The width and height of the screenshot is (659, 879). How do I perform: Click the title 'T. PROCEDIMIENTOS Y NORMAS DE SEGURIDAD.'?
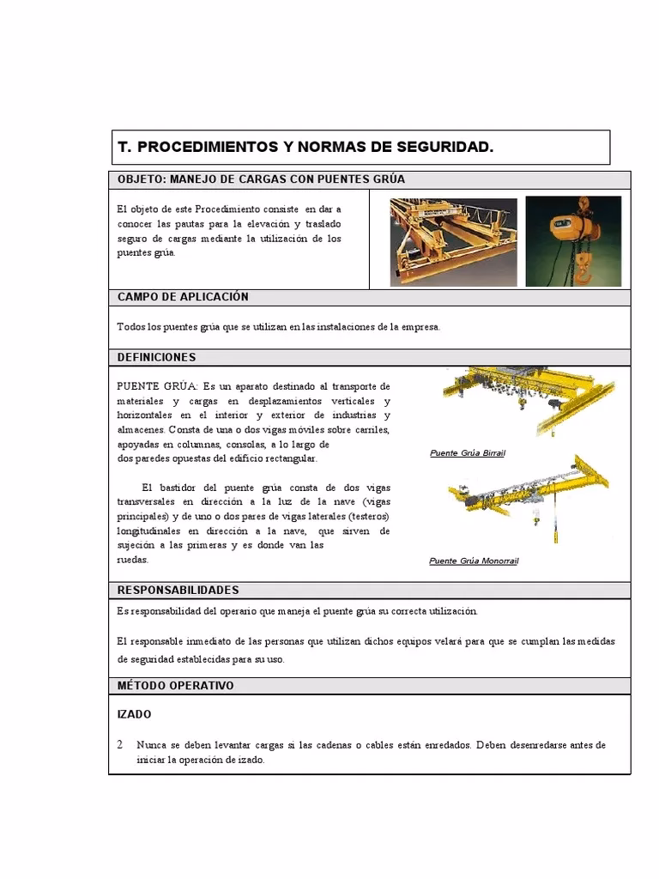pos(305,148)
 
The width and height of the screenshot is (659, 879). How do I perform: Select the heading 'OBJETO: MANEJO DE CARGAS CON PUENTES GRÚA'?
pos(261,179)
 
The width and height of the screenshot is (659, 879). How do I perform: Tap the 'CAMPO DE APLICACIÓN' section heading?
pos(183,297)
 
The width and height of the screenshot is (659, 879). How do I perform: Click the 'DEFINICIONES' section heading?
pos(156,357)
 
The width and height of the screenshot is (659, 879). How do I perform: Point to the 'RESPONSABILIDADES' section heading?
pos(178,591)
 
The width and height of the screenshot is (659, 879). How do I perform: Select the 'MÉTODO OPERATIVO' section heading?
pos(175,686)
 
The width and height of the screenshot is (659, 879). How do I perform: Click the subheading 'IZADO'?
pos(134,714)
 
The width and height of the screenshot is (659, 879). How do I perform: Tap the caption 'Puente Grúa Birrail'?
pos(467,452)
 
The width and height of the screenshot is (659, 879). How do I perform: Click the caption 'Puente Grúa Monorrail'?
pos(474,561)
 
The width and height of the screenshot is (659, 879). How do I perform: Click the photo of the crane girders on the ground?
pos(453,240)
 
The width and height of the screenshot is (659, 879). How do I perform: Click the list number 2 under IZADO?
pos(120,745)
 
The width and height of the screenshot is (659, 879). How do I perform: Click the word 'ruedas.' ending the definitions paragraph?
pos(132,560)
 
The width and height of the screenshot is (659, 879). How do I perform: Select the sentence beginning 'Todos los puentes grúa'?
pos(278,327)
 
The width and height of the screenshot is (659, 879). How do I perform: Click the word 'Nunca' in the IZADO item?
pos(150,745)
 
